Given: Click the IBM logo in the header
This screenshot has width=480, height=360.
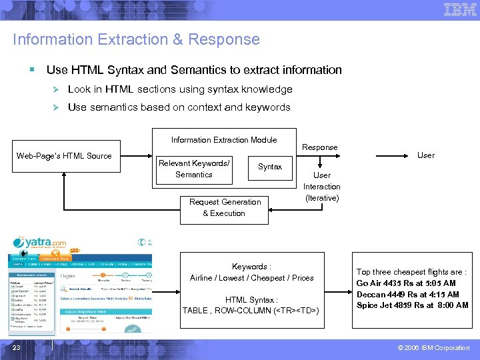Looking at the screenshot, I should click(460, 9).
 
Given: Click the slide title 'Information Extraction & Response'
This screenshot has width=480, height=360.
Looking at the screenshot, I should click(136, 39).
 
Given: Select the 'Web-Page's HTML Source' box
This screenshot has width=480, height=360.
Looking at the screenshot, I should click(64, 156).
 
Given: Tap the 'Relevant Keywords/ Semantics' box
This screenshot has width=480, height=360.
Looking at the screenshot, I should click(193, 169).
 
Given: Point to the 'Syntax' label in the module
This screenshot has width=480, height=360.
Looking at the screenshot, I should click(270, 167).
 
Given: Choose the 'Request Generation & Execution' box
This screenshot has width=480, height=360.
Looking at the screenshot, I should click(225, 207).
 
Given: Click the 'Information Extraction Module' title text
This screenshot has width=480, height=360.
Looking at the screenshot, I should click(223, 140).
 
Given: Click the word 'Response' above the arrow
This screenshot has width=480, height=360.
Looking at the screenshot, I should click(320, 147).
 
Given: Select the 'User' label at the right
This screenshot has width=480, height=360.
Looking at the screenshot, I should click(425, 155).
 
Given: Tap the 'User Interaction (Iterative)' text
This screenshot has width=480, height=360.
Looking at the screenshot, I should click(322, 187).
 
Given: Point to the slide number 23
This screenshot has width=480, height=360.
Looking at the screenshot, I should click(16, 347).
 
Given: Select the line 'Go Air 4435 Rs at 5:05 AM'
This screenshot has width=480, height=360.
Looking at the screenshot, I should click(406, 283).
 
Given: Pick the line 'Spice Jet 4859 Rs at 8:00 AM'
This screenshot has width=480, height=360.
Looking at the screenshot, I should click(412, 305).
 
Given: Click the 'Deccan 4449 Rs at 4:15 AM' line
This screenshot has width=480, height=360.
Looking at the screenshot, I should click(407, 294).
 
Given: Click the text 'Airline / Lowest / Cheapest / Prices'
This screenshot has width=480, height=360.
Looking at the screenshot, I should click(251, 278).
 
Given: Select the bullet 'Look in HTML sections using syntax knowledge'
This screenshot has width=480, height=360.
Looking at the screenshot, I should click(180, 89).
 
